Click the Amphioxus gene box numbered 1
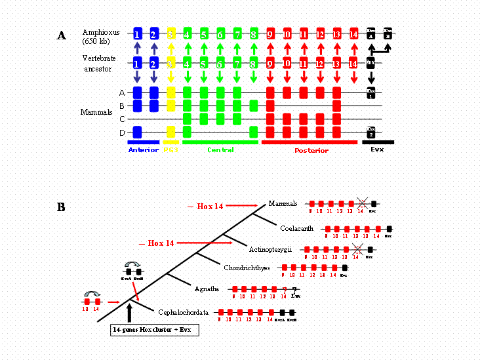coord(137,33)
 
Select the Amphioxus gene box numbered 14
coord(353,33)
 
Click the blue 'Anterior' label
coord(144,150)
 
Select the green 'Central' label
coord(220,150)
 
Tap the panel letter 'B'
coord(61,207)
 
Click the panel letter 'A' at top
coord(61,35)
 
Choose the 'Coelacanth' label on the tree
coord(296,228)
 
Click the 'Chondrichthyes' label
coord(247,268)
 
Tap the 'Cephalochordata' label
coord(183,313)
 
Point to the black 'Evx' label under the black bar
coord(378,150)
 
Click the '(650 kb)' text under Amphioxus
coord(96,42)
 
